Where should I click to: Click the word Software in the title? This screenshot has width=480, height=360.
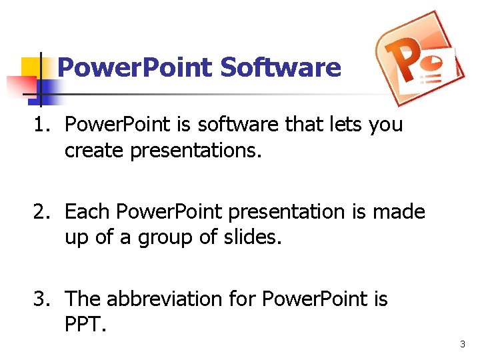point(281,67)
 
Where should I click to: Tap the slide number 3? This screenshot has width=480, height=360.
point(462,344)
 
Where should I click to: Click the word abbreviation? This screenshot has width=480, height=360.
point(167,299)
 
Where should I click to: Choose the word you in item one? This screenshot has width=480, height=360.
point(387,125)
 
